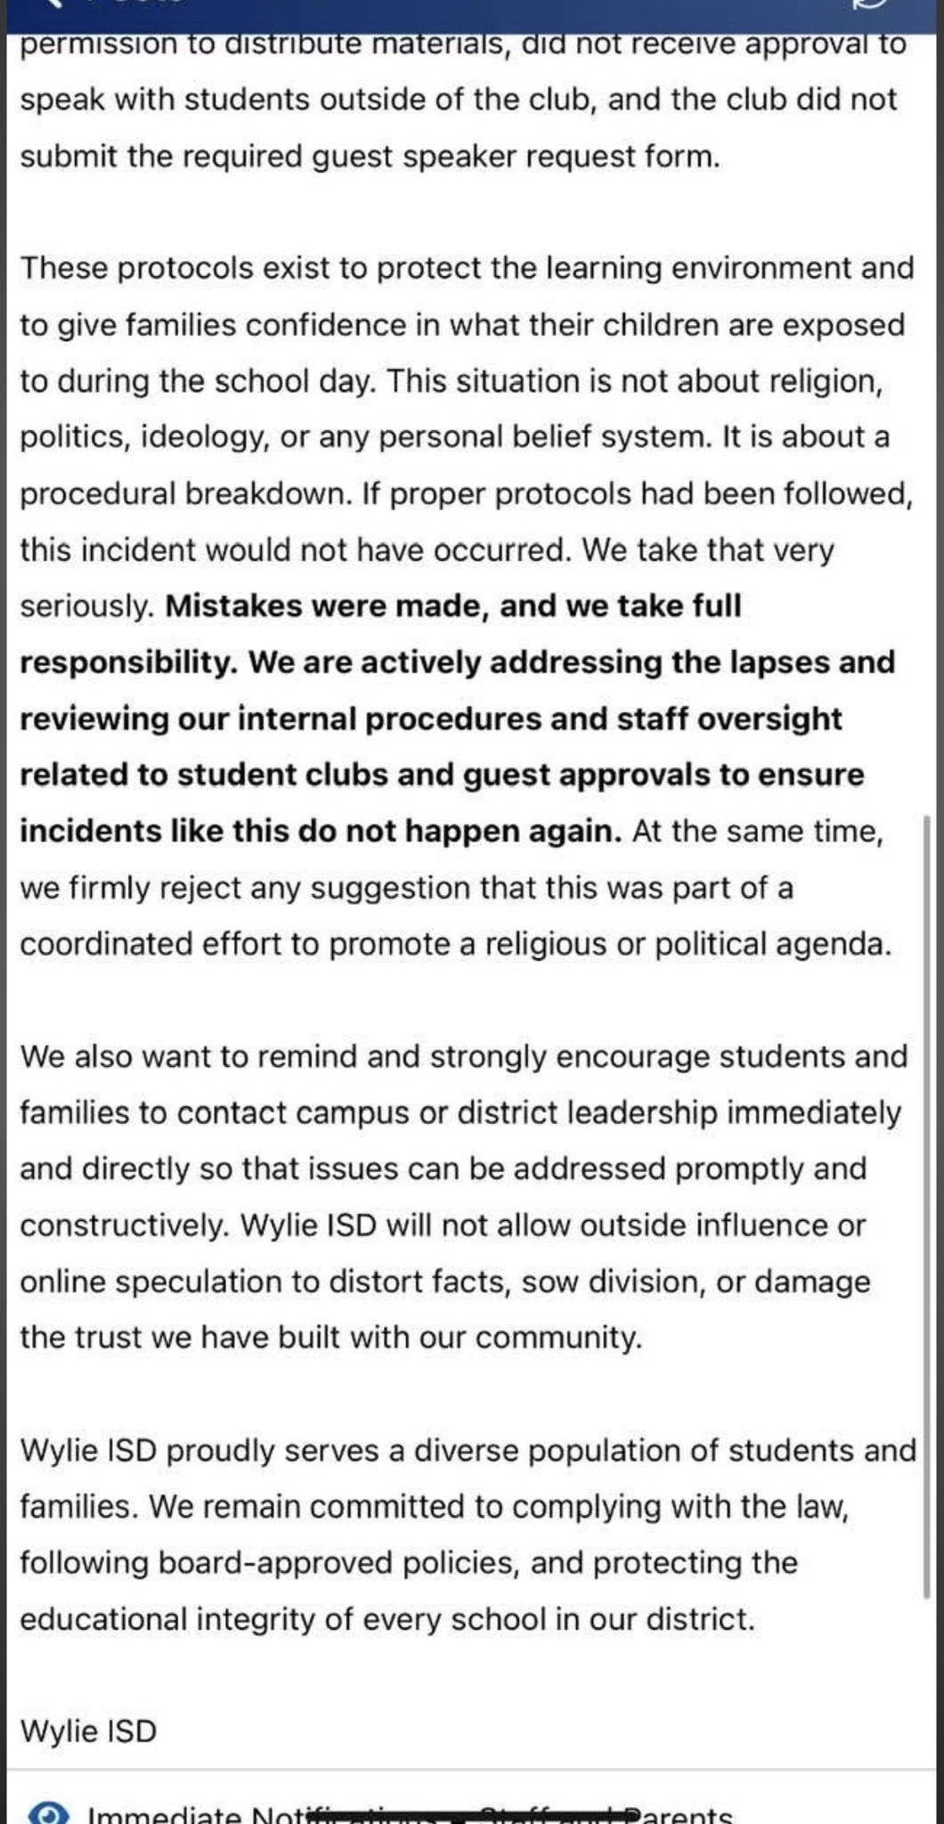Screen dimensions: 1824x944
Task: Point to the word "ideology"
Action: click(204, 437)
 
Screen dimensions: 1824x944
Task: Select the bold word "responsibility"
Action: click(126, 663)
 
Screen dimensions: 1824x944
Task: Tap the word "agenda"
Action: click(833, 944)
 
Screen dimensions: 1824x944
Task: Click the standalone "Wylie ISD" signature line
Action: click(88, 1731)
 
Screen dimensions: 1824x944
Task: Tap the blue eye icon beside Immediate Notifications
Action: click(47, 1813)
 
